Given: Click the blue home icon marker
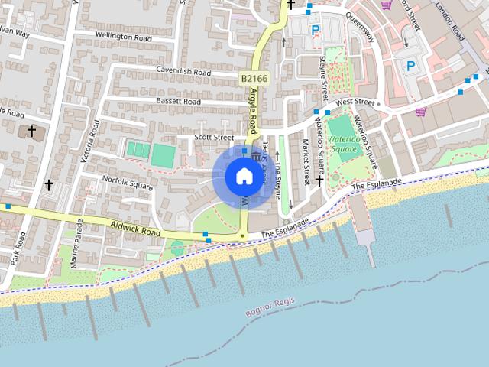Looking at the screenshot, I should point(244,177).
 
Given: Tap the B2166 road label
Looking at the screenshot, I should point(253,79).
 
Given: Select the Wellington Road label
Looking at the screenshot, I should point(124,35).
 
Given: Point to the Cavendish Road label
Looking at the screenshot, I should point(183,72).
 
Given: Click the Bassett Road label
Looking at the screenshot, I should point(177,102).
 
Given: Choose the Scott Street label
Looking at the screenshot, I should point(213,138).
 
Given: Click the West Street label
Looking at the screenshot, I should point(356,102).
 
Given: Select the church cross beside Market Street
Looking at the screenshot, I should point(319,180).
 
